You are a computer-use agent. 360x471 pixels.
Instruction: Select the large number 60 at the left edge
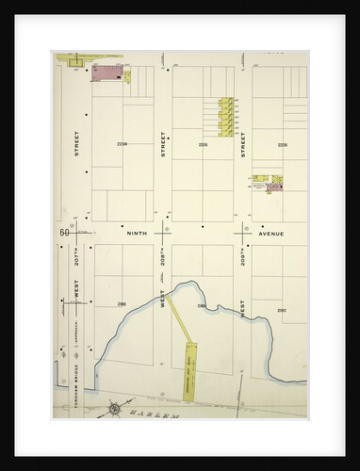63,233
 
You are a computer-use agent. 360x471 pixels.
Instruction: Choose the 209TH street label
243,256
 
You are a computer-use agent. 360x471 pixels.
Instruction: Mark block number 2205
203,144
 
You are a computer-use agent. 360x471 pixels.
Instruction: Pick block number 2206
282,144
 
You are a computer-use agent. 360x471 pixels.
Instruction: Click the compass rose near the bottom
115,408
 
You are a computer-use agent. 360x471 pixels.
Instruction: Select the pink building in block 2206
273,187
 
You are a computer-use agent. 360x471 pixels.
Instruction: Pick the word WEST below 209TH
243,308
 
